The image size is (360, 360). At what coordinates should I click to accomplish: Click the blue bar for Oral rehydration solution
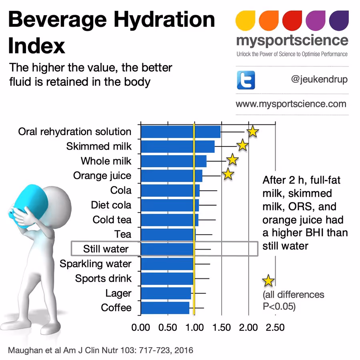[x=180, y=132]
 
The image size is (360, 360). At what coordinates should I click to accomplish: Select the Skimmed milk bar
[x=178, y=146]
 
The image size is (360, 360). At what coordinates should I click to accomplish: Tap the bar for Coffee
[x=165, y=308]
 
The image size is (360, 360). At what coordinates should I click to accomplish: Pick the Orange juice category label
[x=102, y=176]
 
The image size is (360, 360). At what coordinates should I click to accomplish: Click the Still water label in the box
[x=106, y=249]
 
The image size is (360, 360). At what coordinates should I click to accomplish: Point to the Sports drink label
[x=103, y=278]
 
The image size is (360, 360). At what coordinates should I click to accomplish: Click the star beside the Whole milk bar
[x=232, y=160]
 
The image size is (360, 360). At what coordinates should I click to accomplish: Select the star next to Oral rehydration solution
[x=252, y=131]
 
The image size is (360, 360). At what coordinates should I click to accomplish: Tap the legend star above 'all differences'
[x=268, y=281]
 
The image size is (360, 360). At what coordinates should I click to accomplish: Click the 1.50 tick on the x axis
[x=221, y=328]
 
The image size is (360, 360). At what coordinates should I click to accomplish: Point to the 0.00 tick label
[x=141, y=328]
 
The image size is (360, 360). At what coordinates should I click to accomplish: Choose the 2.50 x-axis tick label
[x=275, y=328]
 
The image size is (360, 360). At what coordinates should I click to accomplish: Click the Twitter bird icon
[x=246, y=80]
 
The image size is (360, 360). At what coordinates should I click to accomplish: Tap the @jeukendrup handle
[x=319, y=79]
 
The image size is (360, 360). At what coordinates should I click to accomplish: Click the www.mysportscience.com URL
[x=291, y=104]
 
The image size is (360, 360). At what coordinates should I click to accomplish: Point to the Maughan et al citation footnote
[x=100, y=350]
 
